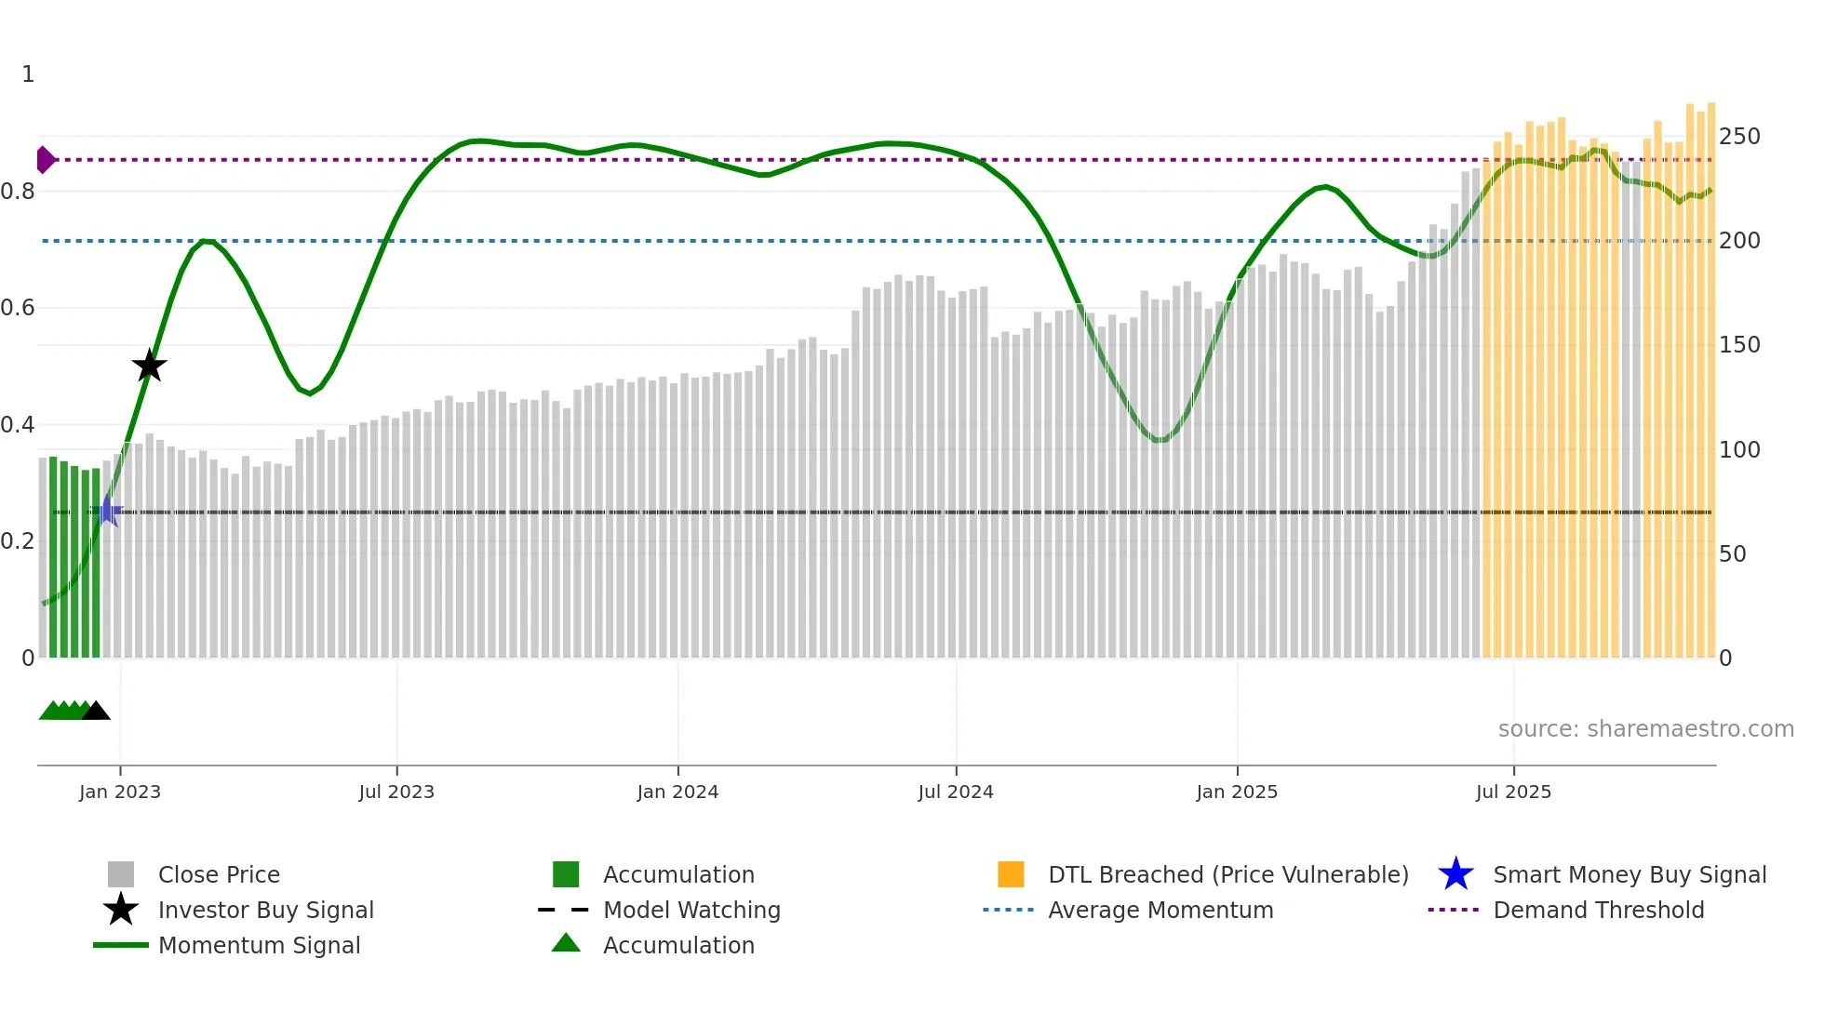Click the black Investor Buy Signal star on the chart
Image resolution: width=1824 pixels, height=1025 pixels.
[149, 366]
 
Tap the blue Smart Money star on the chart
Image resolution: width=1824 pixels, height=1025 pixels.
[108, 512]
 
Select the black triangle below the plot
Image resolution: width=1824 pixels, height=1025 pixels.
[96, 712]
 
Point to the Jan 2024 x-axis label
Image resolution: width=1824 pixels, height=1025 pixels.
[677, 792]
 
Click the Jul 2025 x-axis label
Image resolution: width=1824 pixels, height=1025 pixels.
[1513, 792]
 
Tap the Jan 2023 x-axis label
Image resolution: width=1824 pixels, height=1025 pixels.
[120, 792]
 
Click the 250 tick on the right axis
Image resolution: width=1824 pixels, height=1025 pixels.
[1739, 137]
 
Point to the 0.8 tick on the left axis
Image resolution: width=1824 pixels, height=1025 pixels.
[18, 192]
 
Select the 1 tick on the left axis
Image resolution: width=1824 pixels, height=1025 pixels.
[28, 74]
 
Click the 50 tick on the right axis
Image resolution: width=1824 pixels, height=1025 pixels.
[1733, 554]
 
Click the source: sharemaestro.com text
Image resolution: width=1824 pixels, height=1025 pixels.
[1645, 729]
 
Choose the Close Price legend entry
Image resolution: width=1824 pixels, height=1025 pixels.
[219, 874]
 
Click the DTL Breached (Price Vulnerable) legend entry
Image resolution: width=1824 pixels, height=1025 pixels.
[1227, 874]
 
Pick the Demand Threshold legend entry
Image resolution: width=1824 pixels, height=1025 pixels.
[1598, 910]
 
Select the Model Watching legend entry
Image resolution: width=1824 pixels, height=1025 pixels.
[691, 910]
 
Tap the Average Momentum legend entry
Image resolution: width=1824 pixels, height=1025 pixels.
[1160, 910]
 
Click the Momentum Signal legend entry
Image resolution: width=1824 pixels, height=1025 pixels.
[259, 945]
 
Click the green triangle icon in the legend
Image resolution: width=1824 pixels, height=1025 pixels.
[566, 944]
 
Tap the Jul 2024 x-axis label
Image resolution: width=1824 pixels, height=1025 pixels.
[956, 792]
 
